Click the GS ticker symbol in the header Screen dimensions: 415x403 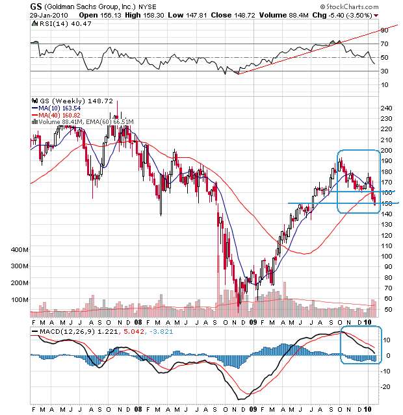(x=36, y=5)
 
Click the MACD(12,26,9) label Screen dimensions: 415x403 (x=55, y=332)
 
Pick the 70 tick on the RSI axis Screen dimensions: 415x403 (x=384, y=44)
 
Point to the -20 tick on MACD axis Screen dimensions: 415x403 (x=385, y=386)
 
